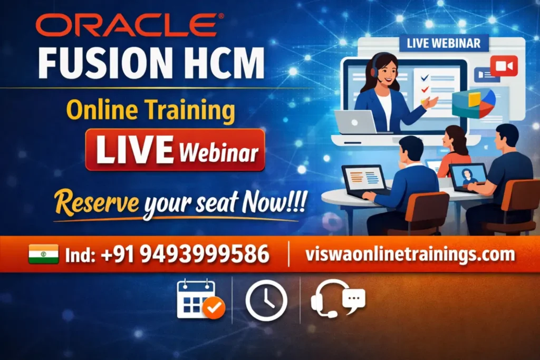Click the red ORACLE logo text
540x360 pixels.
click(x=127, y=25)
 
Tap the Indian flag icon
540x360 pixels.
click(x=43, y=255)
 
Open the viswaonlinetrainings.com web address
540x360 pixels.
click(x=410, y=255)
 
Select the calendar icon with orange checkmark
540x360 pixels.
click(x=199, y=299)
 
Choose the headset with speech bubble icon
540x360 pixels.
click(x=337, y=298)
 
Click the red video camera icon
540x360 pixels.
click(x=504, y=66)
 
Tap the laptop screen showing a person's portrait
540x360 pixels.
click(x=468, y=176)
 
